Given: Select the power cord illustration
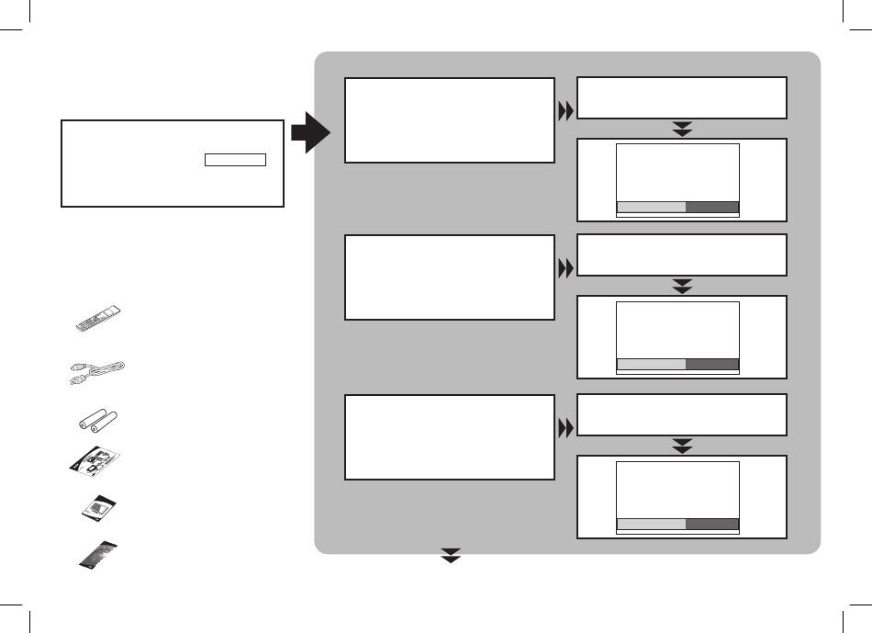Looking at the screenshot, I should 99,371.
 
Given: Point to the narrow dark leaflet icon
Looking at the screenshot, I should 97,555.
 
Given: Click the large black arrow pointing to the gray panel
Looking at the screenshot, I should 311,133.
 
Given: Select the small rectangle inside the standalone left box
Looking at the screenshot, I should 235,160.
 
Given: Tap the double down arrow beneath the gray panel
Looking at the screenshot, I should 450,556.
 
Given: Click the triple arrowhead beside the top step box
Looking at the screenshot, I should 565,111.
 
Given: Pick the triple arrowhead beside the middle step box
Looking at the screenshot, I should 565,269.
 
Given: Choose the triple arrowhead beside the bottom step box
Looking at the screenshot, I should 565,427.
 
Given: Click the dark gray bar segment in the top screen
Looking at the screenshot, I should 712,207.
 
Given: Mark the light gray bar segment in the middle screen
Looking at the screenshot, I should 651,364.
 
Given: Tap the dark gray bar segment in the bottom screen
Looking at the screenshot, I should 712,524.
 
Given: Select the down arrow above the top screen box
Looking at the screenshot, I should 682,129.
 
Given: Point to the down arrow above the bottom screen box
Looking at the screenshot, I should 682,445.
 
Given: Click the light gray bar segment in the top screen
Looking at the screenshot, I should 651,207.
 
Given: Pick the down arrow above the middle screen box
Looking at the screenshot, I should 682,286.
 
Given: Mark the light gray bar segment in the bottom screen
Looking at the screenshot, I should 651,524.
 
